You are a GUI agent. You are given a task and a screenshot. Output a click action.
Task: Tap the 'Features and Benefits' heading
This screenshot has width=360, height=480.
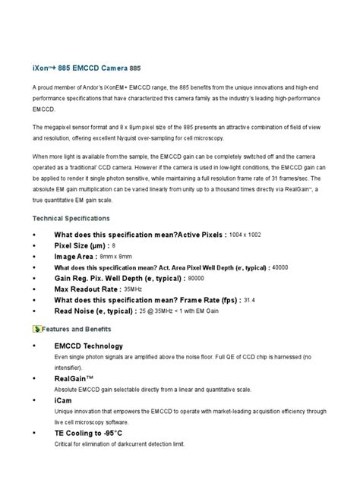tap(77, 329)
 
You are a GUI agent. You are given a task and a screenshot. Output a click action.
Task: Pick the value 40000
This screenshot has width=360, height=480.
tap(280, 268)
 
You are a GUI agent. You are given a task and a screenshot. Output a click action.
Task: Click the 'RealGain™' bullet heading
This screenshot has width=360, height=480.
tap(74, 377)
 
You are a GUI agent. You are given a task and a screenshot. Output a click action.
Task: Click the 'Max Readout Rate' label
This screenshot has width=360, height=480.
tap(97, 289)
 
